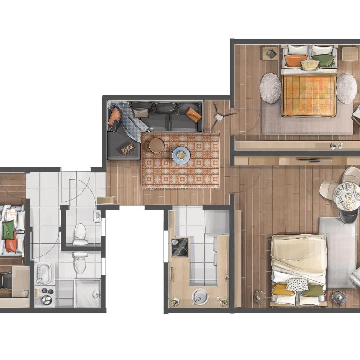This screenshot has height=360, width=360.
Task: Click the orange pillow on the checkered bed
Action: click(x=296, y=60)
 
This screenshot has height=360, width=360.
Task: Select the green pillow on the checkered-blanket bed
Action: click(x=324, y=60)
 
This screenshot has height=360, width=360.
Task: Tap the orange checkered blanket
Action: click(x=309, y=95)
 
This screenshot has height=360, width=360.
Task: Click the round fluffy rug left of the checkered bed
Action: click(x=270, y=88)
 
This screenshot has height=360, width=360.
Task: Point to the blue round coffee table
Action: click(x=181, y=155)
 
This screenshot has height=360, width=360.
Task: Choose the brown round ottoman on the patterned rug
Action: click(x=157, y=145)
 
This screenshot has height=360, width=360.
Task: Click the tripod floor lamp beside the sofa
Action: click(x=218, y=114)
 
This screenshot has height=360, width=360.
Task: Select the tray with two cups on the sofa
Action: click(x=128, y=149)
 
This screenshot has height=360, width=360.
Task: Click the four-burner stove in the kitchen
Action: click(x=180, y=247)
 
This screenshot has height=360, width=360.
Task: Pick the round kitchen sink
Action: click(x=200, y=296)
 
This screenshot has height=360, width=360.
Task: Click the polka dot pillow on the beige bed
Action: click(x=297, y=284)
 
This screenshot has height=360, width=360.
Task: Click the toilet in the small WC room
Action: click(x=81, y=233)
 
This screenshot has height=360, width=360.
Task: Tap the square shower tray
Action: click(x=88, y=293)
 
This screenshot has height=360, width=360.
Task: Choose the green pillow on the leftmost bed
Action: click(x=8, y=230)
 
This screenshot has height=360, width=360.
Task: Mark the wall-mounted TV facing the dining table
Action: click(x=315, y=160)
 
